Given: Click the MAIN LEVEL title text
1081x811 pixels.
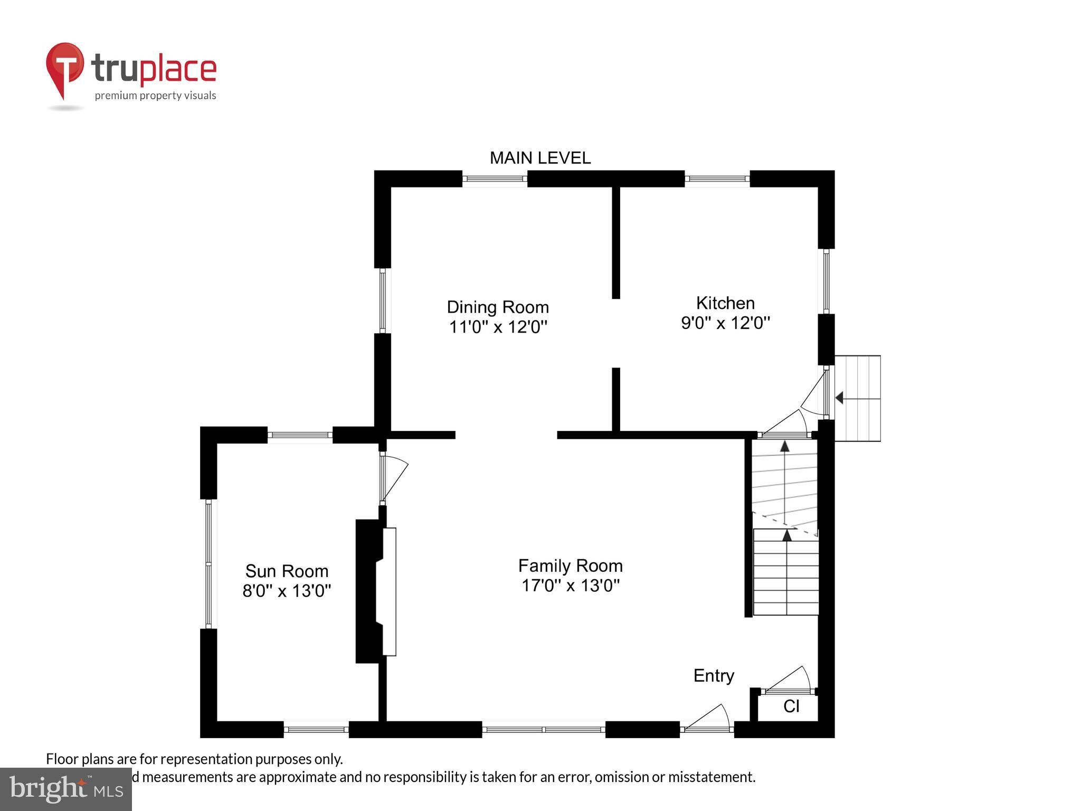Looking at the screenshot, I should click(x=540, y=158).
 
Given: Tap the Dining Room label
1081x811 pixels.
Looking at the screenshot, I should click(x=497, y=307).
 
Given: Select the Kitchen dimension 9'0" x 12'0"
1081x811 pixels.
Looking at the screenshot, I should click(x=725, y=323).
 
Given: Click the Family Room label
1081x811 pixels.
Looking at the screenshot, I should click(x=570, y=565).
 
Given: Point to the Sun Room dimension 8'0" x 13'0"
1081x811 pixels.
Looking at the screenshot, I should click(x=287, y=590).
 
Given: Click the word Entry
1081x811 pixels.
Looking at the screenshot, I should click(x=713, y=675).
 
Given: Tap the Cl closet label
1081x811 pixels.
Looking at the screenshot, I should click(x=791, y=706).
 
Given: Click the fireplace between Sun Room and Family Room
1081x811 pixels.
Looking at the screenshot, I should click(x=376, y=591).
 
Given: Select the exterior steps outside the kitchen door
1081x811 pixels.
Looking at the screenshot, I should click(x=858, y=398).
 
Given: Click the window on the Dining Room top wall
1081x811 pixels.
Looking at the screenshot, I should click(x=495, y=179).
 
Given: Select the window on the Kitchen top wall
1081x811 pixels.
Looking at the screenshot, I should click(x=717, y=179).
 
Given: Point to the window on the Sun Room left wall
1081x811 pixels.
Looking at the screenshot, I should click(x=209, y=564).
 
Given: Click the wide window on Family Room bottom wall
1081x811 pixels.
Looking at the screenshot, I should click(x=543, y=730).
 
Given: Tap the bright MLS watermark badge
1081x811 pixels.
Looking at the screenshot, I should click(x=65, y=789).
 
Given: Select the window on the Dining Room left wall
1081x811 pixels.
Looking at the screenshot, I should click(x=383, y=300).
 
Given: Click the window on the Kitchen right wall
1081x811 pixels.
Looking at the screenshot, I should click(x=826, y=281).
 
